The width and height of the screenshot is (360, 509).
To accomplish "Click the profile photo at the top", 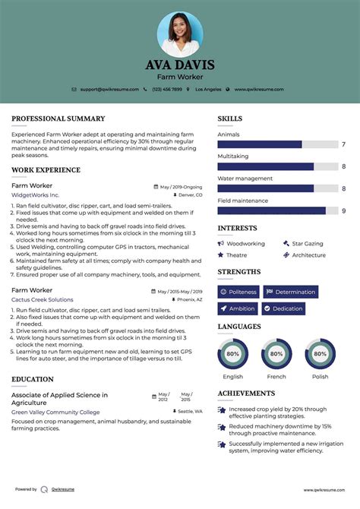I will (180, 33).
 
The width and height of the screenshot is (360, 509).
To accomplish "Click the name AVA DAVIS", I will (180, 65).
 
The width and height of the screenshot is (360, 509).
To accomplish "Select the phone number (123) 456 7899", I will (167, 89).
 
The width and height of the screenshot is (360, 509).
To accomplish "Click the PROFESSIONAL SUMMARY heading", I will (58, 119).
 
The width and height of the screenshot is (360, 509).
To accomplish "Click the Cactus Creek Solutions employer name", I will (43, 299).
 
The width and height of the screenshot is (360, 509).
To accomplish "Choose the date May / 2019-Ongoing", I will (181, 186).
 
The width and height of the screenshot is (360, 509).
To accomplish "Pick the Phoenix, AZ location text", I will (189, 299).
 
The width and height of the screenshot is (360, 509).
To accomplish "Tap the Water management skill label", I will (245, 179).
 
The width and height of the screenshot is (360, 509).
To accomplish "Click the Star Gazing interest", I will (307, 244).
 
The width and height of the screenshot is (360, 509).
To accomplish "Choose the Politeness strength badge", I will (238, 292).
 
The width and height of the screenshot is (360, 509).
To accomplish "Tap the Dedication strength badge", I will (283, 308).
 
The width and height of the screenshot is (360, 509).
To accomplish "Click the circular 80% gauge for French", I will (276, 354).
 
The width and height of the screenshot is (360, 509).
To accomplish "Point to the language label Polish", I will (320, 376).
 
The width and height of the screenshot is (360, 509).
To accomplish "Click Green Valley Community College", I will (55, 412).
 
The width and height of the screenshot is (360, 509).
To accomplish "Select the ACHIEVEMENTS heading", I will (245, 394).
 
